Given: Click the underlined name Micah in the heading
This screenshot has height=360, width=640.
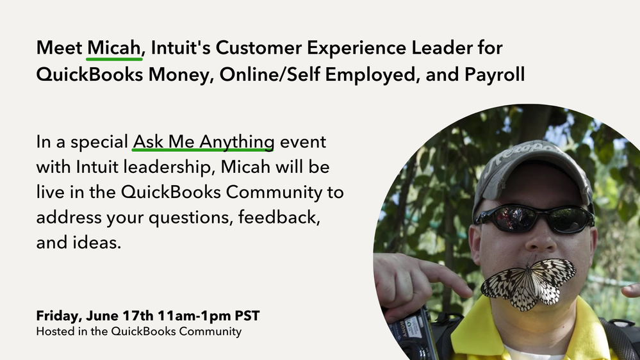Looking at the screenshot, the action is (114, 48).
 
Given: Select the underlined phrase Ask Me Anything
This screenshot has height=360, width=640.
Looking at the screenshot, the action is (203, 142).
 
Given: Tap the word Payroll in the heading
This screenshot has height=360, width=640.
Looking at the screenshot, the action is (495, 75).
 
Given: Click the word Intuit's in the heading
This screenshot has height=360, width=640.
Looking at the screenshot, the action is (181, 48).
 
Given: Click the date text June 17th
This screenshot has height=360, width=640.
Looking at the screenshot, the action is (120, 316).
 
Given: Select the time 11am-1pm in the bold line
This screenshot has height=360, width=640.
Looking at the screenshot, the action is (194, 316).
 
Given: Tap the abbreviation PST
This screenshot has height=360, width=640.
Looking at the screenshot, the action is (247, 316).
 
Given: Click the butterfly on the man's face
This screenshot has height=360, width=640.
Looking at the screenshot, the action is (529, 284).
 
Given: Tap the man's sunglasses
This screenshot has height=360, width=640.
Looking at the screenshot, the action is (534, 219).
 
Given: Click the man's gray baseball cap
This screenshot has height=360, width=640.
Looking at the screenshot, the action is (532, 172).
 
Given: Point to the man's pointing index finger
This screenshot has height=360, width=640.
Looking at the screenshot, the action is (443, 277).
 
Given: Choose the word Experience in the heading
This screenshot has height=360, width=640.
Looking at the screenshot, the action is (356, 48).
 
